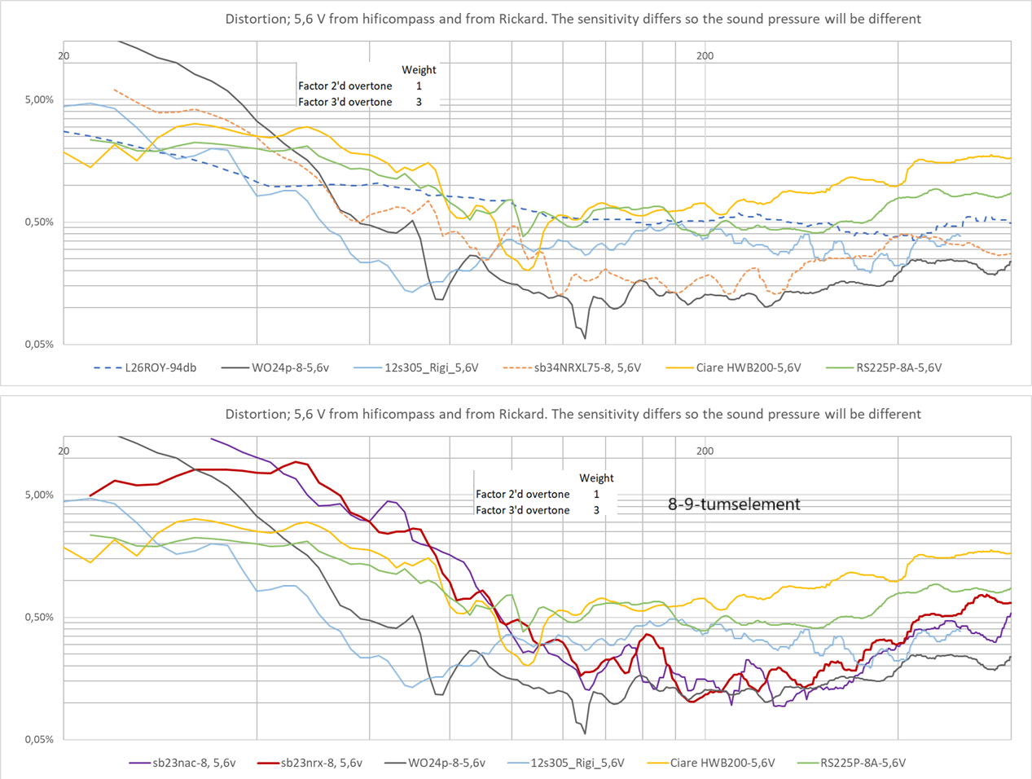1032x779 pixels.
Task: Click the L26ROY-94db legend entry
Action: [160, 367]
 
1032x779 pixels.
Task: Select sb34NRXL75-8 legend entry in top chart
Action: [586, 367]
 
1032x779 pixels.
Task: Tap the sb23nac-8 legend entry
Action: [193, 763]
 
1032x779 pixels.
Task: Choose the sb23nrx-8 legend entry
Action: [321, 763]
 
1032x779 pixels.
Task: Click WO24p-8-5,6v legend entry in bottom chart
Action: [446, 763]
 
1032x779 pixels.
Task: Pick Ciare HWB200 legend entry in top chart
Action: [748, 367]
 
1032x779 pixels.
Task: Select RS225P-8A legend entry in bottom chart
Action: [863, 763]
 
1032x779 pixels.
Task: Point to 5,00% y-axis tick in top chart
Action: [39, 100]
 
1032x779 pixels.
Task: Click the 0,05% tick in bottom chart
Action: [39, 740]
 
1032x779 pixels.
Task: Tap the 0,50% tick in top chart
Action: [39, 222]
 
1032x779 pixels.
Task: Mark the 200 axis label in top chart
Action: [705, 56]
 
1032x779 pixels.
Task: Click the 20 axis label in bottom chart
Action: [64, 451]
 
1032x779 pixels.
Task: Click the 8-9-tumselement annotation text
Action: [734, 504]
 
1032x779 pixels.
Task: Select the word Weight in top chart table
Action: [419, 70]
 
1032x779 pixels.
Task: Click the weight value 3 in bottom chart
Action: [596, 510]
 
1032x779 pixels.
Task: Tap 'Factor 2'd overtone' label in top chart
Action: [345, 86]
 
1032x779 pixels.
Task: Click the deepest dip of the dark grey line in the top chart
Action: [585, 338]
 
